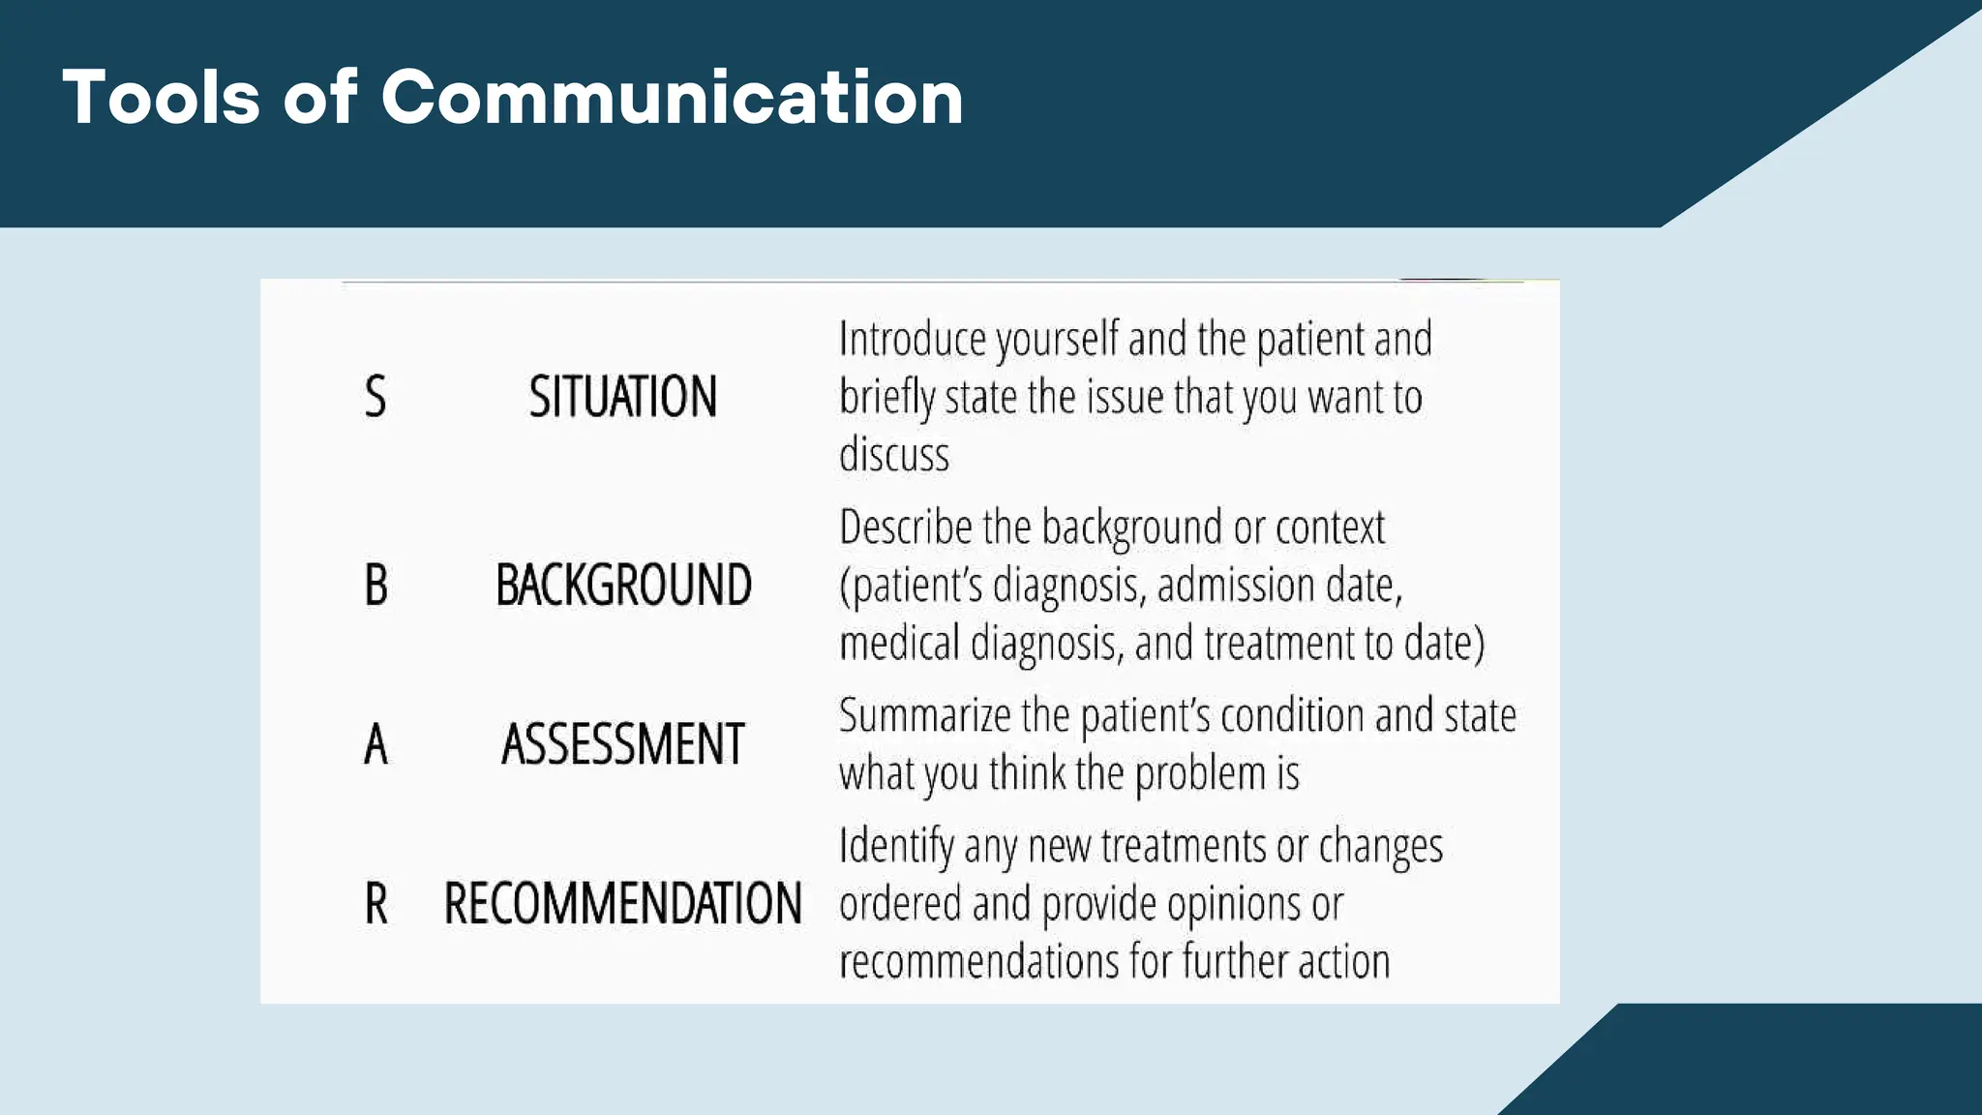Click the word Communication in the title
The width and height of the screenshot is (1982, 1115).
point(672,98)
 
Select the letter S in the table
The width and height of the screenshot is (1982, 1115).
point(375,397)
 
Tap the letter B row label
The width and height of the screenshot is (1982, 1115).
point(376,586)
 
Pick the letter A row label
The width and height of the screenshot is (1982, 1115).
point(375,744)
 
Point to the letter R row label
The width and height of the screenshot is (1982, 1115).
point(376,904)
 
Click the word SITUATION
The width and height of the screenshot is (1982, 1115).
point(622,397)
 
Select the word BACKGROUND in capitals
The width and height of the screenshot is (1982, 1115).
point(623,586)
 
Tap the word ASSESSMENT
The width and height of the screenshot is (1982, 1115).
point(622,744)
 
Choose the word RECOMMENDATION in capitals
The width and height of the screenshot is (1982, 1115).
point(622,904)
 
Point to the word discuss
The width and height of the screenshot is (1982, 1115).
point(893,455)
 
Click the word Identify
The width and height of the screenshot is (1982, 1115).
point(896,847)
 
